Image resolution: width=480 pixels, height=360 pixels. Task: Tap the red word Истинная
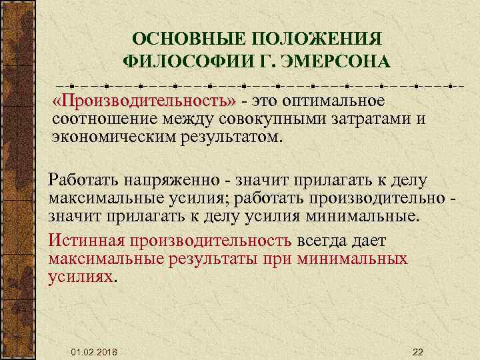tap(87, 241)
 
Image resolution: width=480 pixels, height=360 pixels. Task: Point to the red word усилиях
tap(81, 276)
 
